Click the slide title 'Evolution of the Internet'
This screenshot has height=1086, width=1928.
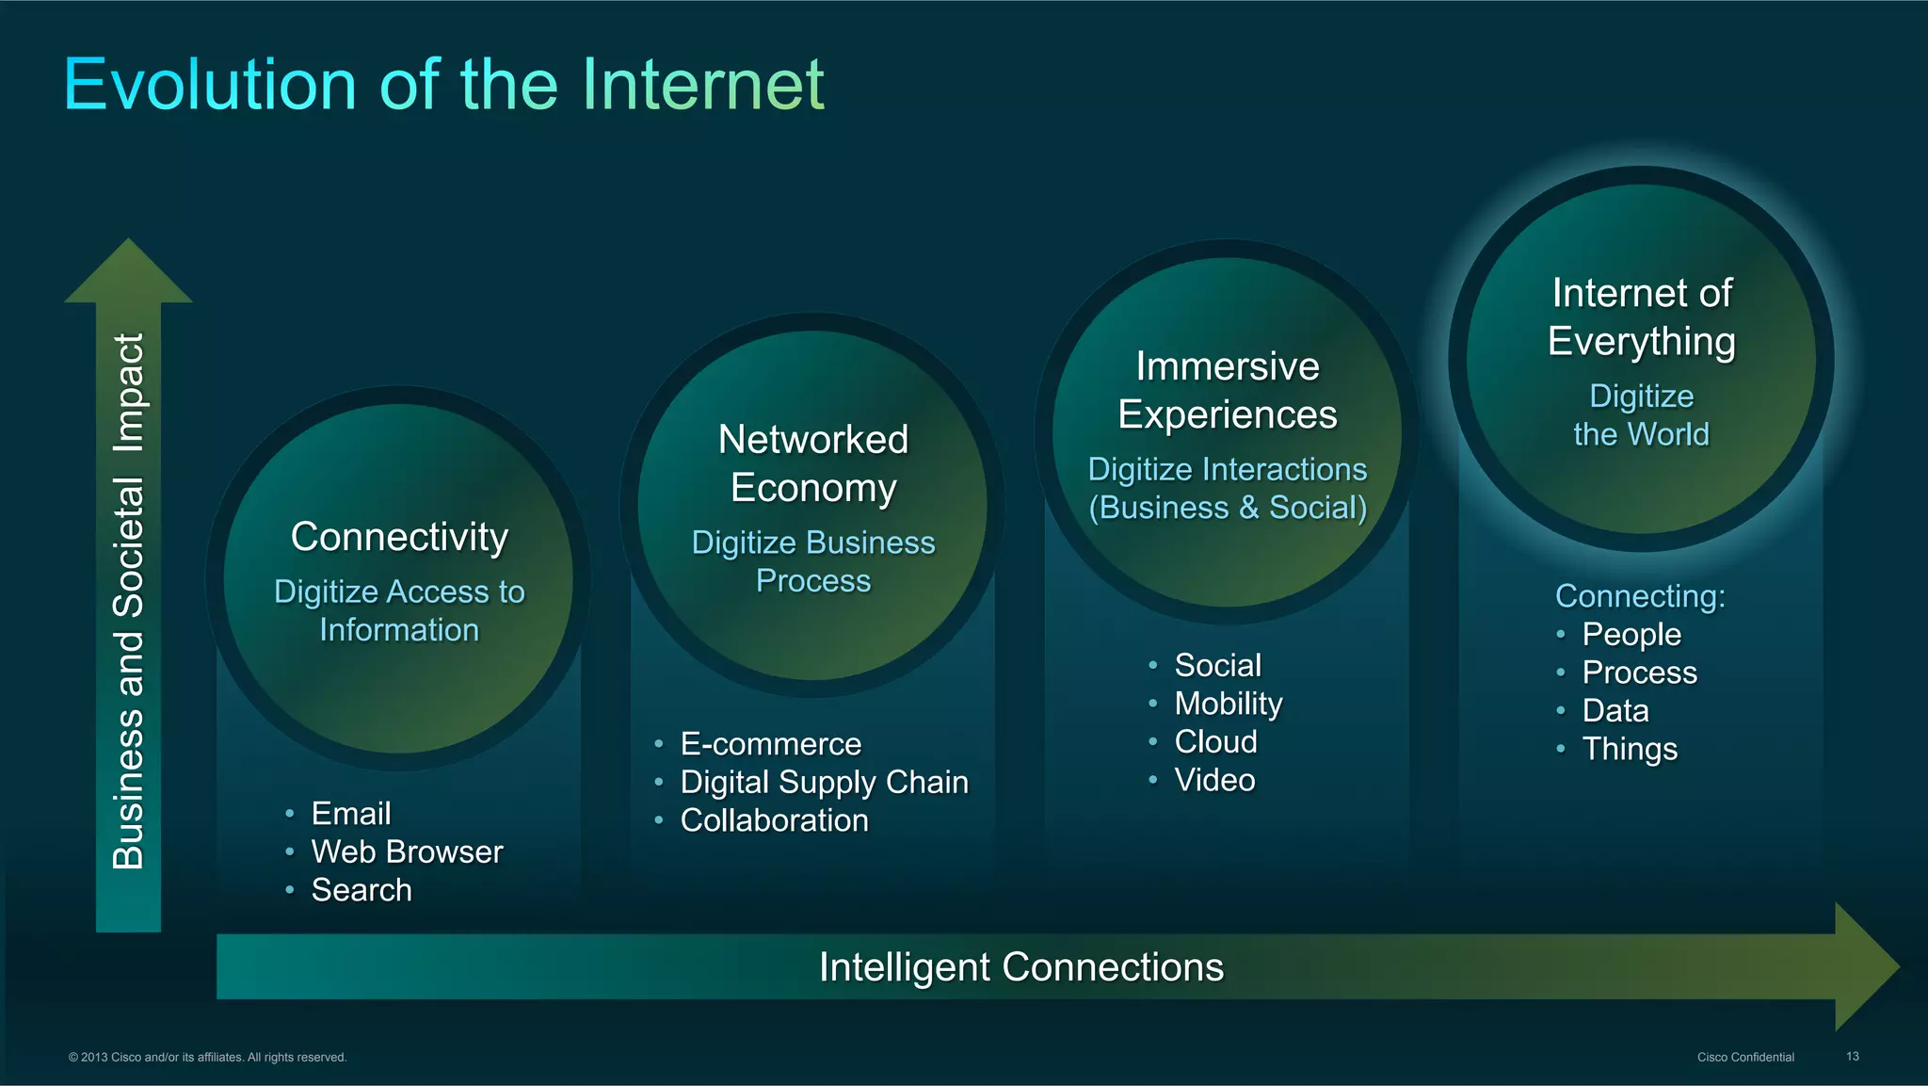point(443,85)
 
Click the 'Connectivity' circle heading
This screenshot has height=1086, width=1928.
point(399,537)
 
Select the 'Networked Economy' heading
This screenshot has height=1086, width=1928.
point(813,463)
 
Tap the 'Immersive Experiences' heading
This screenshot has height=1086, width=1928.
point(1227,390)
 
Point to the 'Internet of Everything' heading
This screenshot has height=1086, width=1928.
point(1642,317)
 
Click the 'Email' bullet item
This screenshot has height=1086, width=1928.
point(350,813)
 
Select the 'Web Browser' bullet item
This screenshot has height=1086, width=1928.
point(407,851)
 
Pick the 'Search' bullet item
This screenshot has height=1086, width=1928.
point(361,890)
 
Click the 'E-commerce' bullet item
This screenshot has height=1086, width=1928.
point(770,744)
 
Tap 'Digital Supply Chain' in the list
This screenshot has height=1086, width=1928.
point(824,782)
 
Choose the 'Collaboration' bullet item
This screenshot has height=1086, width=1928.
point(774,820)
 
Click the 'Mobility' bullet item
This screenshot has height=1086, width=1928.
point(1228,704)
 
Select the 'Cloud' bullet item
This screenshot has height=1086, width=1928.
point(1215,742)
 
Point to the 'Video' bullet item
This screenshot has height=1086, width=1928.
point(1214,780)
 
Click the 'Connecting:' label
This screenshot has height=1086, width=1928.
point(1640,595)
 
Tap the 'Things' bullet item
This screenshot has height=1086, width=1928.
point(1630,749)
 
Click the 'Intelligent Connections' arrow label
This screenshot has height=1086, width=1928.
point(1020,967)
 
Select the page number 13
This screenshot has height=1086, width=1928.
point(1852,1057)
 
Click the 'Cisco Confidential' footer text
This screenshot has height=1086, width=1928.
point(1745,1057)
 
